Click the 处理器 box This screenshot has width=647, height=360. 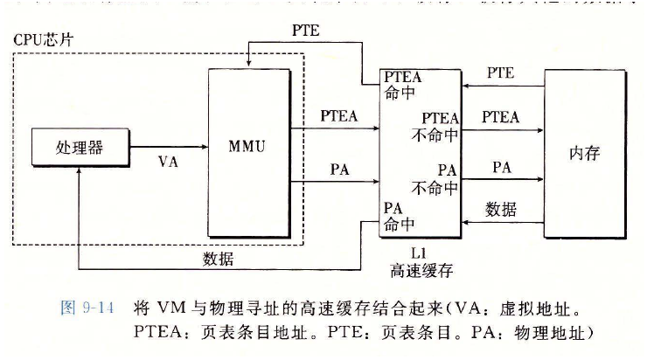(79, 148)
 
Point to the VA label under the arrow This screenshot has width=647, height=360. (169, 162)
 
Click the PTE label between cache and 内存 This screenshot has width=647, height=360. (501, 73)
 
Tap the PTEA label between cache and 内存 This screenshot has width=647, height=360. (501, 116)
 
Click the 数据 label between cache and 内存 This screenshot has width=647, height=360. (501, 210)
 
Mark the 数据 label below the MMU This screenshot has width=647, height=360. (218, 259)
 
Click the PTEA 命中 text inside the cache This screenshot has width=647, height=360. (403, 85)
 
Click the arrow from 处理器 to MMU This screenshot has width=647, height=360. (166, 148)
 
